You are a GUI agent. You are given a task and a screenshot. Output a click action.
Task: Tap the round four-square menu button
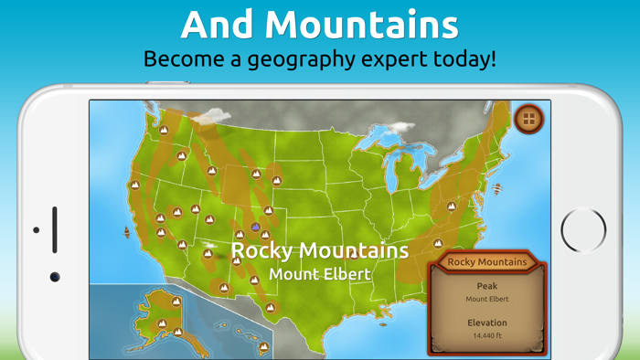click(x=529, y=119)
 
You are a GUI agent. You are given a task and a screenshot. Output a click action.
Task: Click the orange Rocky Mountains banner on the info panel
click(x=487, y=262)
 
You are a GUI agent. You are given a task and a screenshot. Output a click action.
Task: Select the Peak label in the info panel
click(x=487, y=286)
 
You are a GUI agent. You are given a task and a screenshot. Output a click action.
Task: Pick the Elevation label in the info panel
click(x=487, y=323)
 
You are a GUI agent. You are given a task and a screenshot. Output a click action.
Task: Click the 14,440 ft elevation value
click(x=487, y=336)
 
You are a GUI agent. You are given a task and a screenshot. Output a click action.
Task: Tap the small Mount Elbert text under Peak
click(x=487, y=299)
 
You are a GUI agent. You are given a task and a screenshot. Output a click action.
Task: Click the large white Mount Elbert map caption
click(x=320, y=273)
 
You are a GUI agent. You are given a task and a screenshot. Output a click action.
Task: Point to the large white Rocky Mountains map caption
click(x=319, y=249)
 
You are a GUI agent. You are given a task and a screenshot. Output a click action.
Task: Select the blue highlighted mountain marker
click(x=256, y=227)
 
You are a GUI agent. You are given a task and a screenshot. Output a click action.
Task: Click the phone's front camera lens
click(x=55, y=276)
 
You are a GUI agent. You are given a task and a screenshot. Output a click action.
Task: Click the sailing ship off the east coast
click(x=496, y=191)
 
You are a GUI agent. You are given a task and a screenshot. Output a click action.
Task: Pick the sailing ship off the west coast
click(x=126, y=234)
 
